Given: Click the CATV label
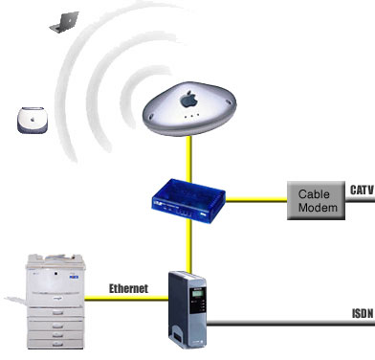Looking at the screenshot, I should click(x=362, y=190).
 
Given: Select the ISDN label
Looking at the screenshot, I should click(x=363, y=312).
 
